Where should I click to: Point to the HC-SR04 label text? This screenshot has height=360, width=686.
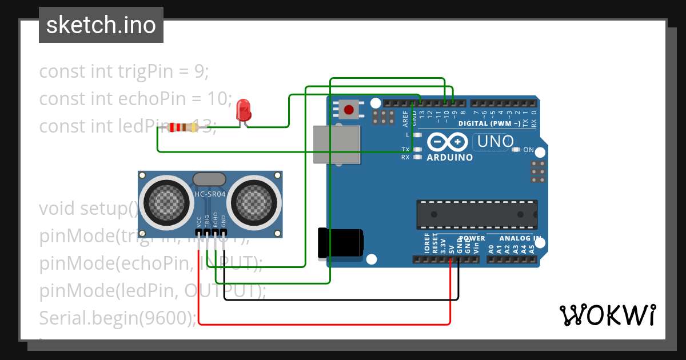pyautogui.click(x=210, y=194)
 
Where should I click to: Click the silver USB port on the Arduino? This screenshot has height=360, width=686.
pyautogui.click(x=337, y=145)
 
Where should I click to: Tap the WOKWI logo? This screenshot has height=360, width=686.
pyautogui.click(x=607, y=315)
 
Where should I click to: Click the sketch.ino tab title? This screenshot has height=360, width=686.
pyautogui.click(x=101, y=25)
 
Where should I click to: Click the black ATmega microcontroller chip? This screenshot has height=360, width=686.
pyautogui.click(x=477, y=214)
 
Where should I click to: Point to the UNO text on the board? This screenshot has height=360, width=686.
pyautogui.click(x=496, y=141)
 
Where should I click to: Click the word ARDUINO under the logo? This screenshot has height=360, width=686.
pyautogui.click(x=450, y=157)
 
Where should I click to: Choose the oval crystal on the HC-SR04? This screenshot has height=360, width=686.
pyautogui.click(x=210, y=179)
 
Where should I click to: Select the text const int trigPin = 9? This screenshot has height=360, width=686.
pyautogui.click(x=124, y=71)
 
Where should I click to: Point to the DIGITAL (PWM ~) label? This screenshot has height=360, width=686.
pyautogui.click(x=490, y=123)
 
